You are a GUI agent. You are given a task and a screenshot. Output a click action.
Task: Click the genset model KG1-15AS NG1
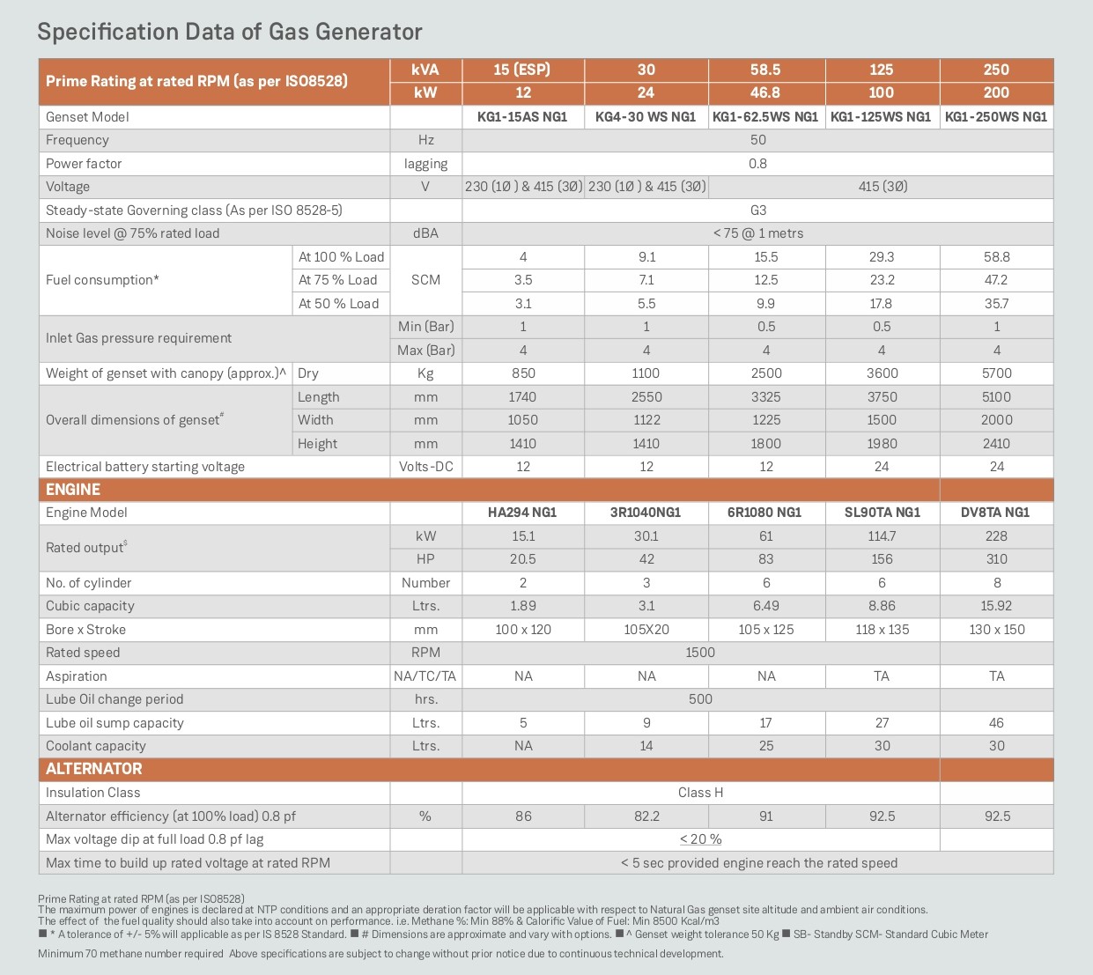coord(522,117)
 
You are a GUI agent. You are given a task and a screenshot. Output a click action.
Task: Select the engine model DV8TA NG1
coord(995,513)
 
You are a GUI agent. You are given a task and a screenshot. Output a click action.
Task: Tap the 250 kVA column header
coord(996,70)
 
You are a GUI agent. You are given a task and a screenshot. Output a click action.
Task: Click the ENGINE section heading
coord(73,490)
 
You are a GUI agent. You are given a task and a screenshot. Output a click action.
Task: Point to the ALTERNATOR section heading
coord(93,769)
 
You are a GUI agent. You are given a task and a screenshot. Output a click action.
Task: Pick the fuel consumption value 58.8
coord(996,257)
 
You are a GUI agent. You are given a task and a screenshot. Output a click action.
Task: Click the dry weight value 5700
coord(996,373)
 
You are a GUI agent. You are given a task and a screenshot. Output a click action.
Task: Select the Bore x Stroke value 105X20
coord(646,630)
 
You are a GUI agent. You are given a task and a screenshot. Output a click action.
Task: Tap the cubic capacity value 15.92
coord(996,606)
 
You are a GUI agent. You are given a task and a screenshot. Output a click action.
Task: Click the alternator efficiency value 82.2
coord(646,816)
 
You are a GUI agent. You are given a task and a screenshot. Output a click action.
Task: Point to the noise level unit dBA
coord(425,233)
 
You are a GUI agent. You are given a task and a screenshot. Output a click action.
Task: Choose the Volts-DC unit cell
coord(425,467)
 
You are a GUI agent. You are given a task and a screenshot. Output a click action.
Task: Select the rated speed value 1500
coord(700,653)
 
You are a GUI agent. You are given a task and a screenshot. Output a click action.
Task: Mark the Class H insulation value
coord(700,793)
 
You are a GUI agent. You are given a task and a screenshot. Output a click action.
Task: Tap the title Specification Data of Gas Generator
coord(230,32)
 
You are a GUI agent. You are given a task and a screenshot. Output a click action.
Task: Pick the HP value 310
coord(996,559)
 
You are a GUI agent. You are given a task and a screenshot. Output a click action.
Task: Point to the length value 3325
coord(765,397)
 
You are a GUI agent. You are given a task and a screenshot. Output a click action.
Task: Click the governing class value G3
coord(757,211)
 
